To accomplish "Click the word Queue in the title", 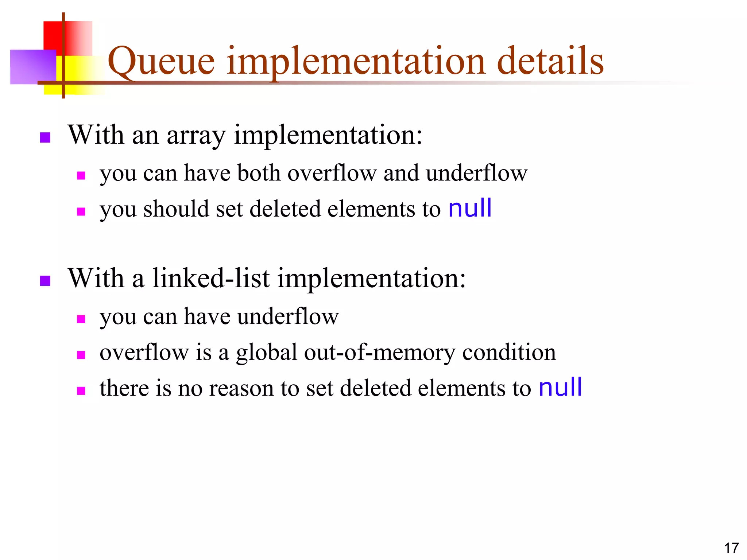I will [x=161, y=61].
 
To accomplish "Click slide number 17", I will [x=731, y=548].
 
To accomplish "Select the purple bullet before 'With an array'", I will [x=45, y=137].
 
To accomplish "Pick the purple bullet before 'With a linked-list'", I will [x=45, y=281].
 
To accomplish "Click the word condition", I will [x=509, y=353].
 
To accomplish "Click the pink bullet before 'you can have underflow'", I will [x=81, y=319].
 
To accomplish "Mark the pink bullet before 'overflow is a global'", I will [x=81, y=355].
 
